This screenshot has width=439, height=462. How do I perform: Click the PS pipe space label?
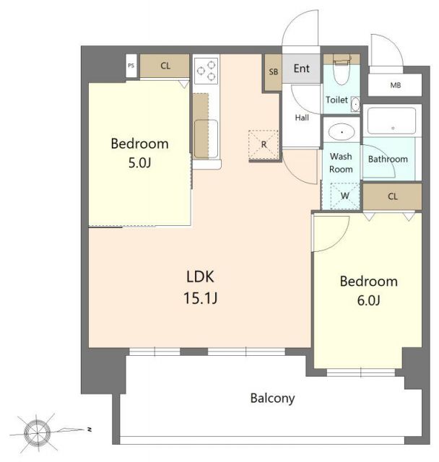pyautogui.click(x=131, y=66)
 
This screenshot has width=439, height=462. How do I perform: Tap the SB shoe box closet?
pyautogui.click(x=273, y=72)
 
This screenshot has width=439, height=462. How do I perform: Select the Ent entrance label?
pyautogui.click(x=301, y=69)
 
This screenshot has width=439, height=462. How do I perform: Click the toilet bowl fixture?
pyautogui.click(x=342, y=69)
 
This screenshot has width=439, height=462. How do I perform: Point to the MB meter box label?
pyautogui.click(x=396, y=85)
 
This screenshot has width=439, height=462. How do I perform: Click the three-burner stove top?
pyautogui.click(x=207, y=71)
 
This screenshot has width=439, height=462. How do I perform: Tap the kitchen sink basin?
pyautogui.click(x=207, y=139)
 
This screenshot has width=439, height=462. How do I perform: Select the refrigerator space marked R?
pyautogui.click(x=264, y=144)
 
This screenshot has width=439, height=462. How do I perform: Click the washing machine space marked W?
pyautogui.click(x=344, y=196)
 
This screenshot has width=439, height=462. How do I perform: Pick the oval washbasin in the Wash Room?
pyautogui.click(x=342, y=131)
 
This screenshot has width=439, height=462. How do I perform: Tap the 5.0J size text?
pyautogui.click(x=139, y=162)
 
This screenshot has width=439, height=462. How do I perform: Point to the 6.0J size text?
pyautogui.click(x=368, y=300)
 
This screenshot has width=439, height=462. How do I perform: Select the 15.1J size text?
pyautogui.click(x=200, y=298)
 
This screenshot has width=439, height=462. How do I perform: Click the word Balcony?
pyautogui.click(x=272, y=398)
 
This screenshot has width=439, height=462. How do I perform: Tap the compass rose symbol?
pyautogui.click(x=38, y=432)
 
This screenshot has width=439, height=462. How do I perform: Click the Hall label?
pyautogui.click(x=302, y=118)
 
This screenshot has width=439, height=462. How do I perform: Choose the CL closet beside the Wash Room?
pyautogui.click(x=392, y=197)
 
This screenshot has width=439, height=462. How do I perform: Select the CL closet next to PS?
pyautogui.click(x=165, y=66)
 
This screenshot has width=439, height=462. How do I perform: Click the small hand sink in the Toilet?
pyautogui.click(x=356, y=104)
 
